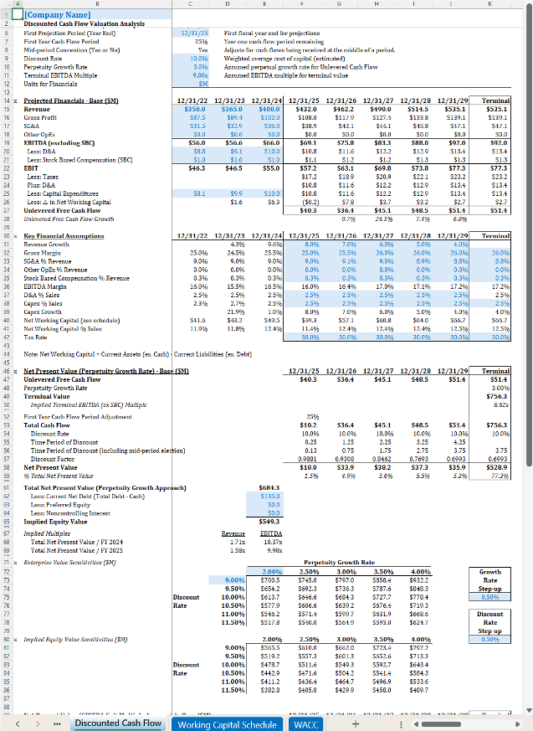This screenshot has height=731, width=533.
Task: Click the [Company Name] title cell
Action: (x=59, y=15)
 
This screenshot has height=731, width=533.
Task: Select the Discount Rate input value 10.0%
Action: (x=194, y=59)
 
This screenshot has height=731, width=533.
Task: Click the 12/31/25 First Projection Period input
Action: (x=194, y=31)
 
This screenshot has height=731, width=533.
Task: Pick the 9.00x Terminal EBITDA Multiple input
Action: (x=194, y=75)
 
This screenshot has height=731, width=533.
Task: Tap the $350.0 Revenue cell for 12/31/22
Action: (x=194, y=108)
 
